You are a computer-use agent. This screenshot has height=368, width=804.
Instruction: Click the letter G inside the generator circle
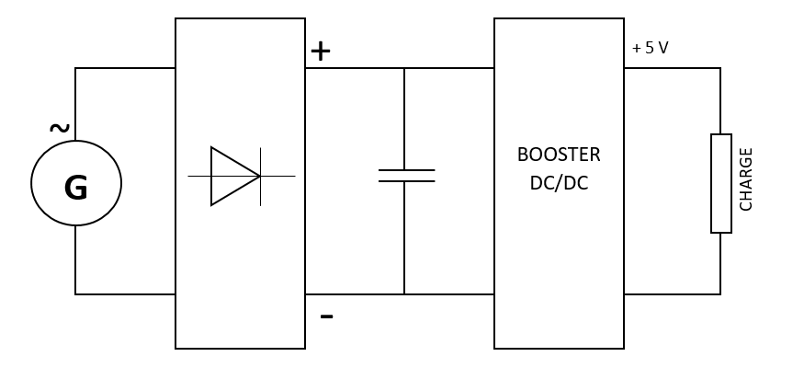(x=75, y=187)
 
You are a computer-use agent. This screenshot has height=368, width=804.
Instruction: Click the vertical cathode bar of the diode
(x=261, y=176)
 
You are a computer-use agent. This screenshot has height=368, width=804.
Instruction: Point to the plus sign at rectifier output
(x=320, y=51)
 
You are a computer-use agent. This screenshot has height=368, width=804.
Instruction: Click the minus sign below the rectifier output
(x=326, y=317)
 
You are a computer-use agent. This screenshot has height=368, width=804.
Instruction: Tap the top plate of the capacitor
(x=405, y=170)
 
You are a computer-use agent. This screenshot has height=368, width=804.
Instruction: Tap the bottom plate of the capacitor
(x=405, y=181)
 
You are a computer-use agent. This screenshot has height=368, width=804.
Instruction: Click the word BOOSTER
(x=559, y=154)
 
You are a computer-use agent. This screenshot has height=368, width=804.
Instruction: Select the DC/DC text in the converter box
(x=559, y=183)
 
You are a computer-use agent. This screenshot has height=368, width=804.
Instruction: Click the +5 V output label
(x=650, y=48)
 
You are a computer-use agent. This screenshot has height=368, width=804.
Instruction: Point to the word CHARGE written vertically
(x=746, y=179)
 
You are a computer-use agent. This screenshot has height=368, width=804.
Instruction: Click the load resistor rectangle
(x=720, y=183)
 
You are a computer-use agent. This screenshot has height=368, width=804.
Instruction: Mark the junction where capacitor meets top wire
(x=404, y=68)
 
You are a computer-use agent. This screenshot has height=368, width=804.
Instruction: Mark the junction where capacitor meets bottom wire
(x=404, y=294)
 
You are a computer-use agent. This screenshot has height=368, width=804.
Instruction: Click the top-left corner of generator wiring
(x=75, y=68)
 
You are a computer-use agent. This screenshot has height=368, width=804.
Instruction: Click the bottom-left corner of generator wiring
(x=75, y=294)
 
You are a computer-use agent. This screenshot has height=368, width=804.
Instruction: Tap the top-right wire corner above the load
(x=720, y=68)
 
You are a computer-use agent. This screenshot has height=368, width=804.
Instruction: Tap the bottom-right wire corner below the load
(x=720, y=294)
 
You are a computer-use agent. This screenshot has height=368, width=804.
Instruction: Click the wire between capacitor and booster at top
(x=450, y=68)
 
